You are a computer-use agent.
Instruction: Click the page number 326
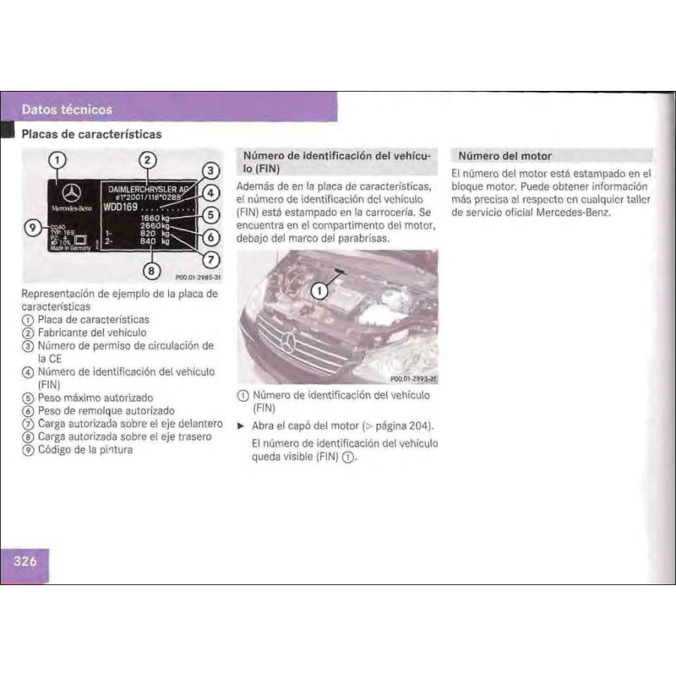click(x=25, y=560)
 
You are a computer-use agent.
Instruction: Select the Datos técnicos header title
click(x=67, y=110)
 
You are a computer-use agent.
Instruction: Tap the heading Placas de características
click(x=91, y=134)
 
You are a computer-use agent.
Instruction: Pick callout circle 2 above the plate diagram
click(x=148, y=159)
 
